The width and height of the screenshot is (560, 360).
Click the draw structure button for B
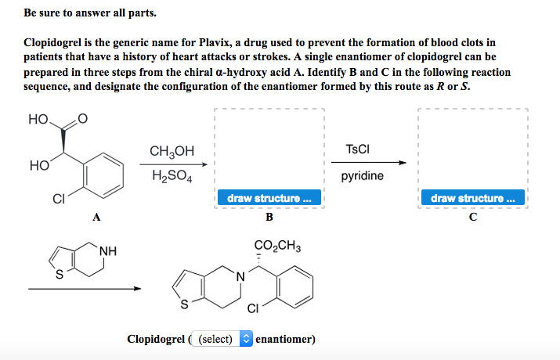[x=269, y=198]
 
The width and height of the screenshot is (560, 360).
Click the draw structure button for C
[x=473, y=198]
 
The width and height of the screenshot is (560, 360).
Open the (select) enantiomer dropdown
[x=222, y=339]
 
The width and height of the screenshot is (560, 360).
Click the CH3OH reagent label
[x=172, y=151]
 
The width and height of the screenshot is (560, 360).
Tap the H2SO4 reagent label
[x=172, y=175]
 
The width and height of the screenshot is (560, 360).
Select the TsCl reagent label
[x=357, y=149]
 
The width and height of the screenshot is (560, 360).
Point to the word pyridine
[x=362, y=176]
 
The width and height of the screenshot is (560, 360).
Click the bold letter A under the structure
[x=96, y=217]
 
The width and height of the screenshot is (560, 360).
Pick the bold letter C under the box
[x=473, y=217]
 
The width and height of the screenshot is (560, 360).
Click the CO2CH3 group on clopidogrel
[x=277, y=246]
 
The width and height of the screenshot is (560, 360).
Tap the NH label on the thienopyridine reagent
[x=108, y=250]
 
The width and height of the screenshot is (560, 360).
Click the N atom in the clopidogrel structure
[x=240, y=276]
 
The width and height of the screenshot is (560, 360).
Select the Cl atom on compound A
[x=59, y=199]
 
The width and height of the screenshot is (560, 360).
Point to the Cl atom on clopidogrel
[x=253, y=308]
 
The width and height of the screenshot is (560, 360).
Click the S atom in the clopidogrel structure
[x=184, y=304]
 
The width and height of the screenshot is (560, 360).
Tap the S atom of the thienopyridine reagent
[x=60, y=275]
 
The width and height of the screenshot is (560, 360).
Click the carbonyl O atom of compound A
[x=82, y=118]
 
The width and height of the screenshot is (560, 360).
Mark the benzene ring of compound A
[x=103, y=175]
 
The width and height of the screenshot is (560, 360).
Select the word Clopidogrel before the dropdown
[x=156, y=339]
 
